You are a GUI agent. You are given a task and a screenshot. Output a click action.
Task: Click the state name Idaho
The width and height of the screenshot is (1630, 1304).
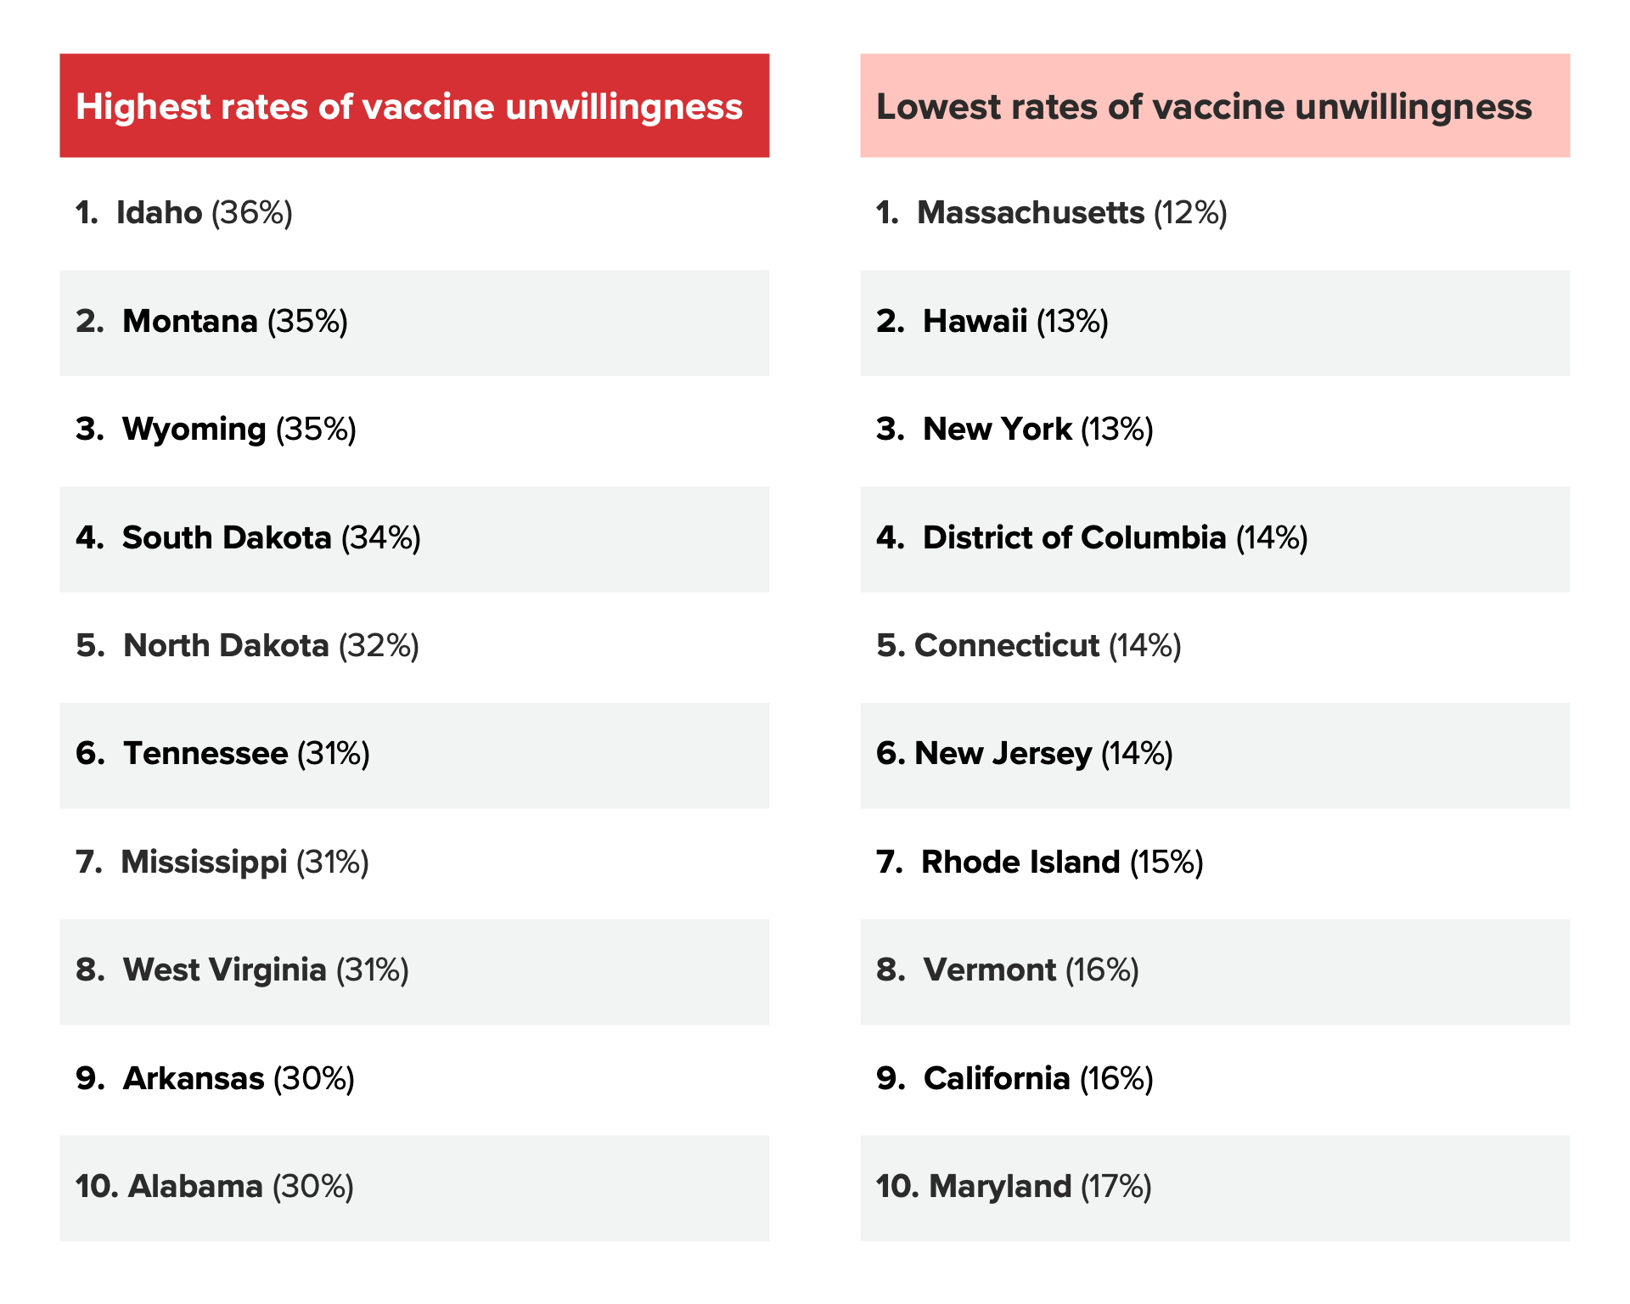[159, 212]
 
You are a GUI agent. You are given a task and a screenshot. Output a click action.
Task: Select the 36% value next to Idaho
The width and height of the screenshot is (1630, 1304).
[252, 212]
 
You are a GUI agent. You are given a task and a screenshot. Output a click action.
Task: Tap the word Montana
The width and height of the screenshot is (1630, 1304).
[189, 321]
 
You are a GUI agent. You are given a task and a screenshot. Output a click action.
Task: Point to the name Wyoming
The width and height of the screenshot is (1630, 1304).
[194, 429]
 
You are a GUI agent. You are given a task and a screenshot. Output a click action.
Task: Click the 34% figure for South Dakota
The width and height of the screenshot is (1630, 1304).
[381, 537]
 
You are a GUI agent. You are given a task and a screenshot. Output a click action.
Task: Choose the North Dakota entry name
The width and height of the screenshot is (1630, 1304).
[226, 645]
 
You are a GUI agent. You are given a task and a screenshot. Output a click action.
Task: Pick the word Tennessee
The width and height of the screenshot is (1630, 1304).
[205, 753]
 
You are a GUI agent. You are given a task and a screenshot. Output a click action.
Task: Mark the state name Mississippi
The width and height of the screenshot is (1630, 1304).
[204, 862]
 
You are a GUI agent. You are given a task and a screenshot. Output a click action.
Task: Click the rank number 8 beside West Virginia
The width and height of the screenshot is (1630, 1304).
[88, 970]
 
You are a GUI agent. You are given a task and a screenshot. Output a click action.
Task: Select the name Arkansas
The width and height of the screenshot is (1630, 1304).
[194, 1078]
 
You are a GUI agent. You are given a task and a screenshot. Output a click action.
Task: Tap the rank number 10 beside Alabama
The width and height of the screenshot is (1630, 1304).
[96, 1186]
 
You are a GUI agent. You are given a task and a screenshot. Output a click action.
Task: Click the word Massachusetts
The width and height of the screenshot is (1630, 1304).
[1031, 212]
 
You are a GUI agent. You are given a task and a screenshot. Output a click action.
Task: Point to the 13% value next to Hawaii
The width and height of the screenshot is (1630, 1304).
[1072, 321]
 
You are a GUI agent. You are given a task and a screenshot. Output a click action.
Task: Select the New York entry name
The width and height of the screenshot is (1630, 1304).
[997, 429]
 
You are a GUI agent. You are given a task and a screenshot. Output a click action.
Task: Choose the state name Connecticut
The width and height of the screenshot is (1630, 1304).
[1007, 645]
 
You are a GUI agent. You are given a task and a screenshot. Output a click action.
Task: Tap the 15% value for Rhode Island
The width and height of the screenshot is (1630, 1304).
[1166, 862]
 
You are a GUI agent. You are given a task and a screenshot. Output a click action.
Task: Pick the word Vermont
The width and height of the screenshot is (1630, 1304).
[990, 970]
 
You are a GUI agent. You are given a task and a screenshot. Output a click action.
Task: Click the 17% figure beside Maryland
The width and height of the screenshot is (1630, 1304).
[1116, 1186]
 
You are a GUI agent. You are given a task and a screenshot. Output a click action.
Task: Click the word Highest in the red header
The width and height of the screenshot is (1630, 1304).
[143, 107]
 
